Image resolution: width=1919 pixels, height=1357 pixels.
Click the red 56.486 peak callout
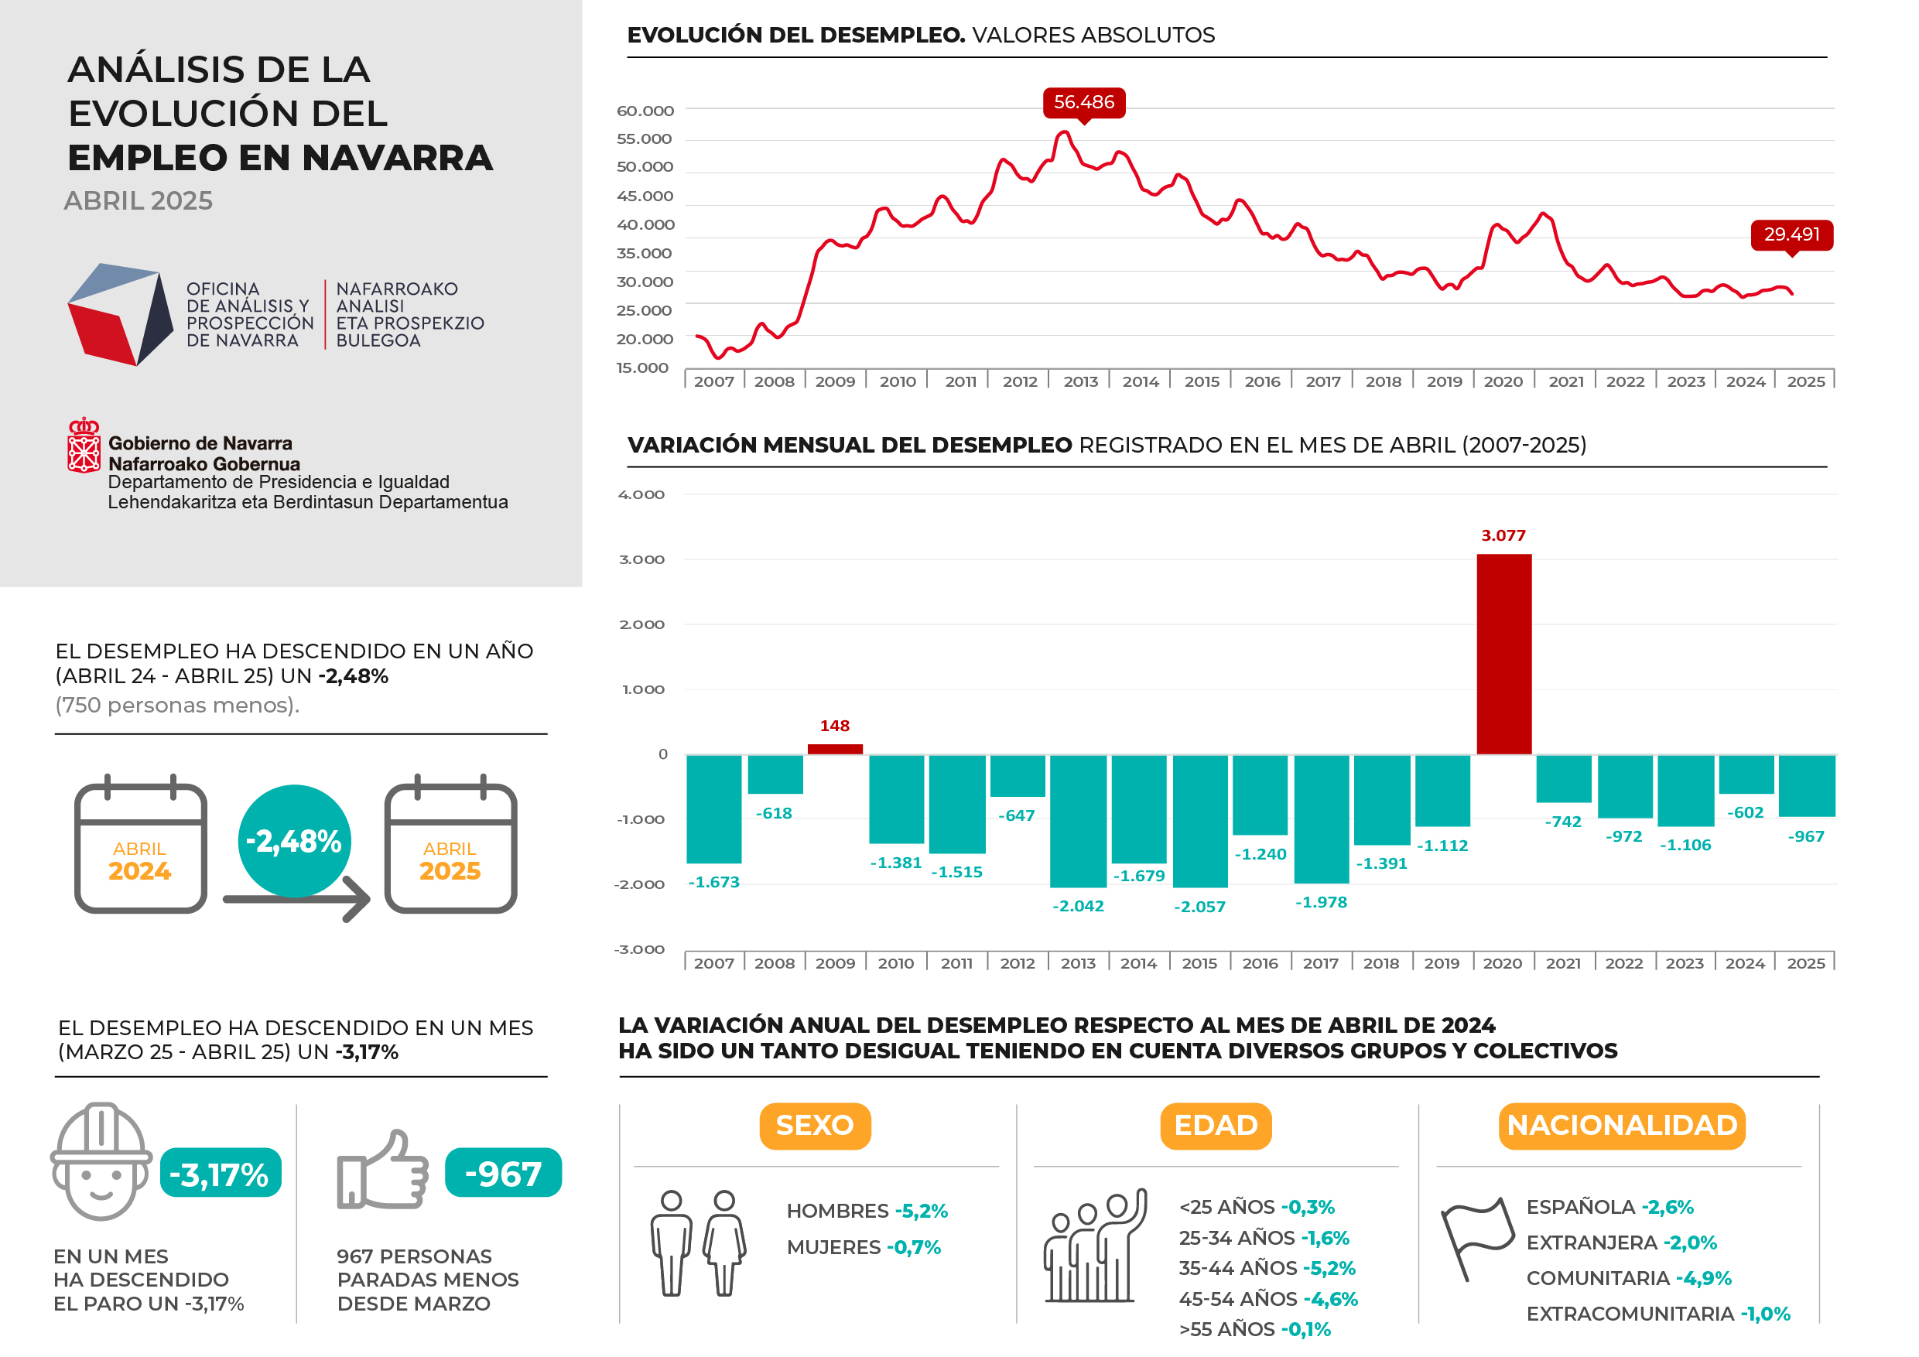[1084, 102]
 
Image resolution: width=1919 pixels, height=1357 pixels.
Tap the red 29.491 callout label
[1791, 234]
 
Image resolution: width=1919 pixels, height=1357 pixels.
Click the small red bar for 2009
[835, 749]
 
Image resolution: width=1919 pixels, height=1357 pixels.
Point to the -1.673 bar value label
[713, 883]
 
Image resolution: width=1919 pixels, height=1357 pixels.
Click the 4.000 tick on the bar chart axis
[641, 494]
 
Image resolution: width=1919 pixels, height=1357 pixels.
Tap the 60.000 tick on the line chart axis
[645, 111]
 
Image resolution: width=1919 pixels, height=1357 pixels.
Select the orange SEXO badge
[815, 1126]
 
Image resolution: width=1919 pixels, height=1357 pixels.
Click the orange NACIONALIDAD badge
[1621, 1126]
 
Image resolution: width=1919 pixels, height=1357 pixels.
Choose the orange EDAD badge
[1216, 1126]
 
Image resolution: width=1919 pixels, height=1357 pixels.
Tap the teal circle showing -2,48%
[294, 841]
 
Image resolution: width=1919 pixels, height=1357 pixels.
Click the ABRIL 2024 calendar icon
[140, 848]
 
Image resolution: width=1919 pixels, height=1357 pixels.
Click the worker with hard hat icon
[101, 1160]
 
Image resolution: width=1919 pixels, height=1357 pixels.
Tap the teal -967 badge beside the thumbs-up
[503, 1173]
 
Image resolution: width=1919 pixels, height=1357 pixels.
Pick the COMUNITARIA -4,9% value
[1703, 1278]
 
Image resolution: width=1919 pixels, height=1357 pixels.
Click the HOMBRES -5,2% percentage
[921, 1211]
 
